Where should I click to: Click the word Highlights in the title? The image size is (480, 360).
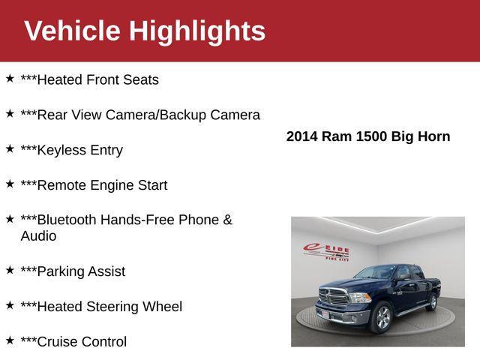(x=197, y=31)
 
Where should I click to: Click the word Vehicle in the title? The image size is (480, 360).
(x=72, y=31)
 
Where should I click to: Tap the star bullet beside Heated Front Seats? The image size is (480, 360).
(x=10, y=78)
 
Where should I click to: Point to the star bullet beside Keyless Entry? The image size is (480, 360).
(x=10, y=148)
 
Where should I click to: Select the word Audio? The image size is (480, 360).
(x=38, y=236)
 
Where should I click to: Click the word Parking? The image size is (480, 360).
(x=61, y=271)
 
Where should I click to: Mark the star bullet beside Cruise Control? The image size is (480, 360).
(x=10, y=340)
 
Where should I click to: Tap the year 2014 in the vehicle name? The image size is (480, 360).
(x=302, y=136)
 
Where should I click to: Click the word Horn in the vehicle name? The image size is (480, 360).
(x=434, y=136)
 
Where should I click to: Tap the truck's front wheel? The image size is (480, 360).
(x=382, y=319)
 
